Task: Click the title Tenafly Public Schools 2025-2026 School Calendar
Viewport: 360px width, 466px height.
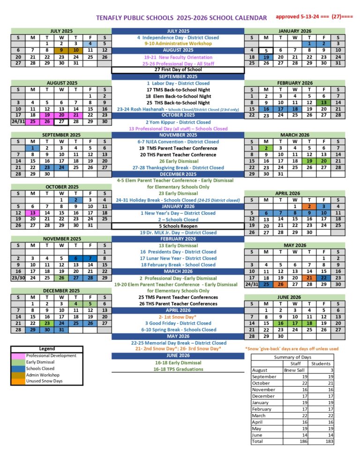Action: tap(181, 18)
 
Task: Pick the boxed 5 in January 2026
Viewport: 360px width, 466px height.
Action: tap(266, 51)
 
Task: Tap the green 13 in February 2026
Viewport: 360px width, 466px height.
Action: tap(323, 102)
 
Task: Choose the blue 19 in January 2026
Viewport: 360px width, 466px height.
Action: tap(266, 57)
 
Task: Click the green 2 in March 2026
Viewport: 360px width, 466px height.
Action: tap(266, 147)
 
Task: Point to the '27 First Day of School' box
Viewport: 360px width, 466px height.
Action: tap(178, 70)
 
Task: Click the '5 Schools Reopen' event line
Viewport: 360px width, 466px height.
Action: tap(178, 226)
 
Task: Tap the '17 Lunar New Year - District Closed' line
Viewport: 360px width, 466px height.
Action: tap(178, 258)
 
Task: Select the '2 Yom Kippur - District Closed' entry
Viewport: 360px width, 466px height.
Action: tap(178, 122)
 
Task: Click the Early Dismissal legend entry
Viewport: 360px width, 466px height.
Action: tap(44, 362)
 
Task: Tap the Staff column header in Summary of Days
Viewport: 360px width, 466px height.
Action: tap(295, 363)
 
